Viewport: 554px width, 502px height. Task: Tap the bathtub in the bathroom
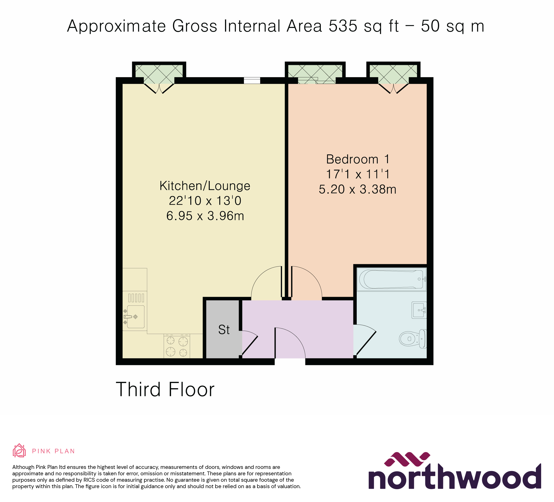[391, 279]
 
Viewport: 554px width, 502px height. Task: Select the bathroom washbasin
[419, 310]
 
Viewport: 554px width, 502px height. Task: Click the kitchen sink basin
[136, 317]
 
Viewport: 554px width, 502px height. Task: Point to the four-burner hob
[177, 346]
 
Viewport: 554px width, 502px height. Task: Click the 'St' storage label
[224, 330]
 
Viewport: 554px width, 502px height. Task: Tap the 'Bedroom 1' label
[358, 159]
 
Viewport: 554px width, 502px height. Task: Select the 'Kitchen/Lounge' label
[205, 186]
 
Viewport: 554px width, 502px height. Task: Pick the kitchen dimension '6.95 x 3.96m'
[205, 216]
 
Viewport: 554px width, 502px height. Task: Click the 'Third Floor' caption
[165, 389]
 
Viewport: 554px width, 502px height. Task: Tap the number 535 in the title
[343, 26]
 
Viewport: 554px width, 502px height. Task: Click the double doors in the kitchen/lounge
[159, 88]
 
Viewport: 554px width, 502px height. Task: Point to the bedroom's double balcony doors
[393, 88]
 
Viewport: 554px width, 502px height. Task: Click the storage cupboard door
[249, 343]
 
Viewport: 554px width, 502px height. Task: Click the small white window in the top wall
[252, 81]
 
